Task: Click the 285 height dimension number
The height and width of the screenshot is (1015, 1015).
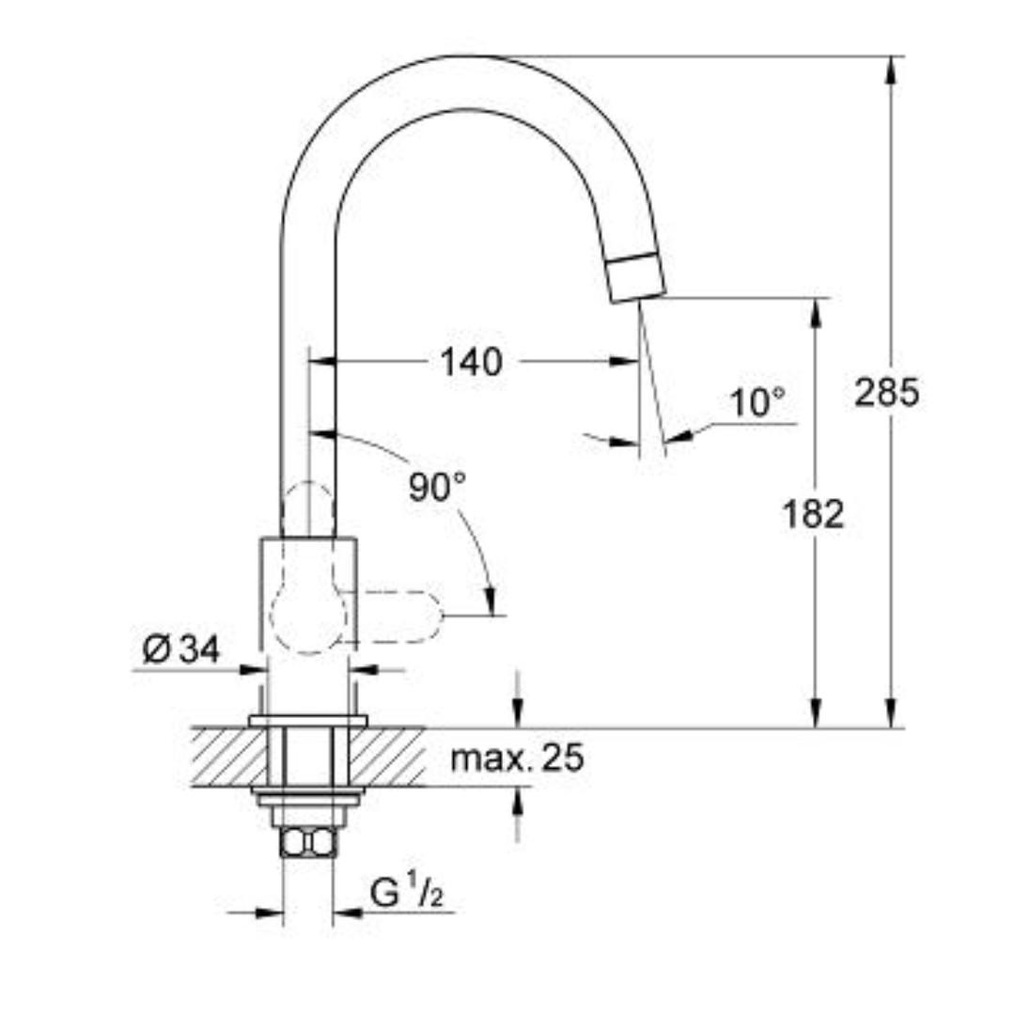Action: coord(886,393)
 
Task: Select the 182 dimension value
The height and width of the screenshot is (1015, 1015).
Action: coord(814,514)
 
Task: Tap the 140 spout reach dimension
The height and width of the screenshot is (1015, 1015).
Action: coord(472,361)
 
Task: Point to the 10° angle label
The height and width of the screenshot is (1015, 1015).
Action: coord(757,402)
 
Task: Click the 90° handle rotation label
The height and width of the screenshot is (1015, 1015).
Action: coord(437,486)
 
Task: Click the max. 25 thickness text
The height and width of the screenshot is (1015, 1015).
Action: coord(517,757)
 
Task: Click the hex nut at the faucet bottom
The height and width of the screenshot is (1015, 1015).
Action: coord(307,841)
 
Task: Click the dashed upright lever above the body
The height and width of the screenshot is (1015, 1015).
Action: coord(307,508)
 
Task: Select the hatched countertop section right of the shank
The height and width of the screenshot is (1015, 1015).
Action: coord(387,757)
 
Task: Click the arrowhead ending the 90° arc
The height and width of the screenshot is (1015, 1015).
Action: coord(489,601)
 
